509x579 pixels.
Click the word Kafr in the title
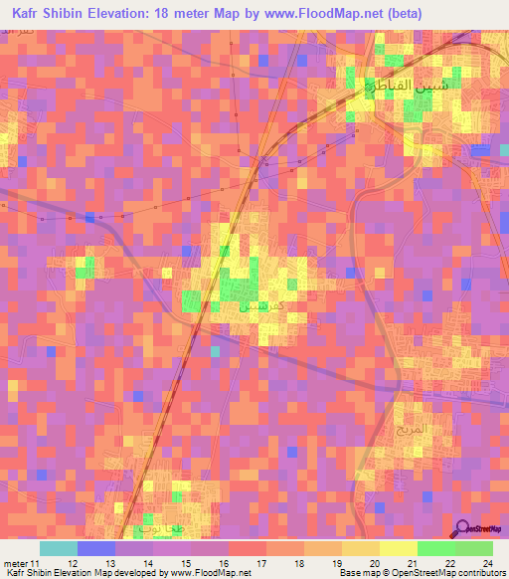tap(29, 14)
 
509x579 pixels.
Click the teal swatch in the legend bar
tap(59, 548)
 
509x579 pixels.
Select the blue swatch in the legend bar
tap(96, 548)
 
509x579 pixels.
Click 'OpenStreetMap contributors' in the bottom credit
tap(438, 572)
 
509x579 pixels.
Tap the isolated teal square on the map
tap(215, 351)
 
